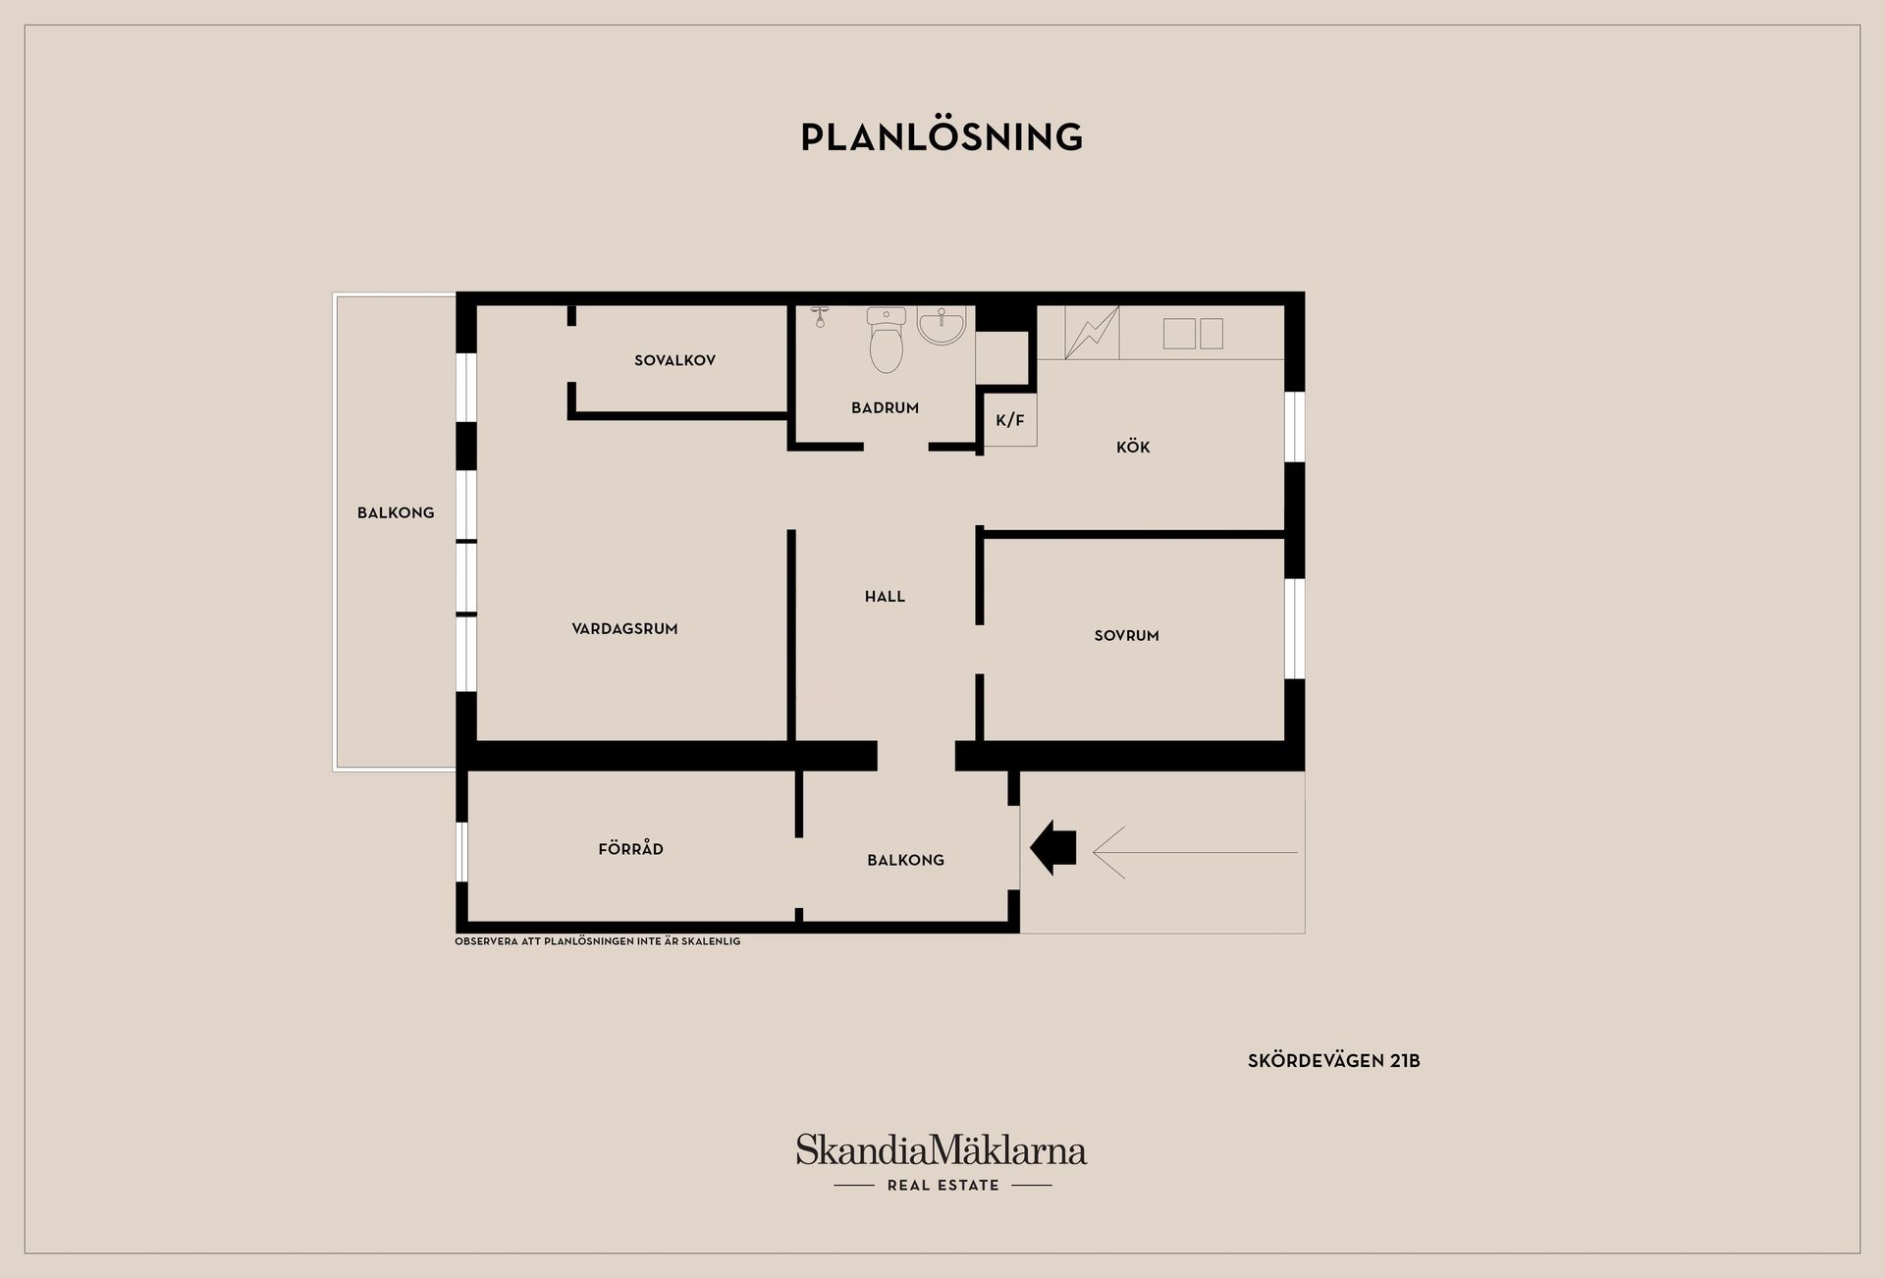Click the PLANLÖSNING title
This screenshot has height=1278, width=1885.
tap(942, 136)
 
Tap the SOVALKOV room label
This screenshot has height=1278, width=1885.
tap(674, 360)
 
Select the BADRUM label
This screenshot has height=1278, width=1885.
tap(885, 407)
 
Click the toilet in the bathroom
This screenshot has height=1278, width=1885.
tap(887, 340)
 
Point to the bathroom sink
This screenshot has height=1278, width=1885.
tap(942, 325)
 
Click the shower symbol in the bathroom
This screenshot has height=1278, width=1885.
tap(821, 316)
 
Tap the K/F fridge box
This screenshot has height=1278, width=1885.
tap(1010, 420)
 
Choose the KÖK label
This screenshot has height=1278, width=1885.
tap(1133, 447)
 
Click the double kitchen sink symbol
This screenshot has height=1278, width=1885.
tap(1193, 334)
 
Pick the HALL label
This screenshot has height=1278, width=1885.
tap(885, 596)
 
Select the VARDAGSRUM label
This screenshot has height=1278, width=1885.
tap(624, 628)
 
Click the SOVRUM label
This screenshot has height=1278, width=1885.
tap(1126, 635)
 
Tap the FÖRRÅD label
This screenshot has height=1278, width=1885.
tap(630, 848)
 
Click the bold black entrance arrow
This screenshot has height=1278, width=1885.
tap(1052, 847)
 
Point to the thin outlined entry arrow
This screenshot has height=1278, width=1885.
tap(1195, 852)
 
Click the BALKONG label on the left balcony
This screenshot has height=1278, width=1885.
tap(396, 512)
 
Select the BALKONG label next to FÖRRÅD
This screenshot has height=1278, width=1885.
tap(905, 860)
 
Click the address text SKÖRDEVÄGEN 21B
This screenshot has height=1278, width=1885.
tap(1334, 1061)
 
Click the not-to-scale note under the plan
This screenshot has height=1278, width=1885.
tap(598, 941)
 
